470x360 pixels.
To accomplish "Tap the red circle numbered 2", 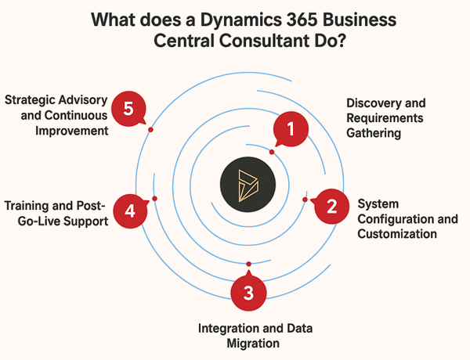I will click(331, 207).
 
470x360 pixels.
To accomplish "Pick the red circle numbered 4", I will click(130, 209).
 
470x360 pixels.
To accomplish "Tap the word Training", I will click(28, 206).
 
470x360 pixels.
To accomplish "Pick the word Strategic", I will click(31, 100).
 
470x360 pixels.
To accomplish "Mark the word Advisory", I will click(84, 100).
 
